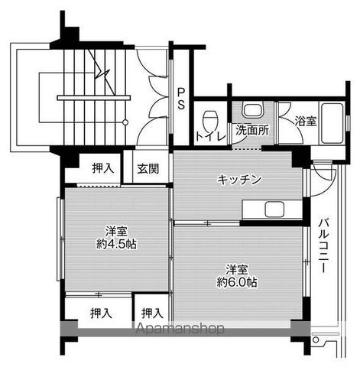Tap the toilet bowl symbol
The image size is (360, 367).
coord(210,119)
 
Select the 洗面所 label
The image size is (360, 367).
coord(251,130)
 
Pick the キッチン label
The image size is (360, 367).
coord(239,180)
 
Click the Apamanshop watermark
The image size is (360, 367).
coord(180,330)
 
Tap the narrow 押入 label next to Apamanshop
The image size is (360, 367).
coord(152,313)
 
